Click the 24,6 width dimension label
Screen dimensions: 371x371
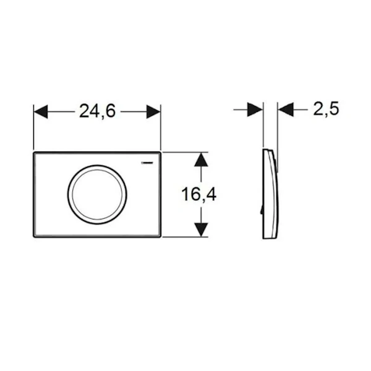coord(97,111)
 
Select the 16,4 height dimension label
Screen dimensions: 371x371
coord(198,194)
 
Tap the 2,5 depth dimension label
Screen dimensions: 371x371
coord(326,109)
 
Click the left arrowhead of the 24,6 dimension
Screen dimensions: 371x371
coord(41,111)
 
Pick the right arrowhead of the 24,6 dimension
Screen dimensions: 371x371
coord(153,111)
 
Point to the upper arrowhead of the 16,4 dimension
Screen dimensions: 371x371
coord(201,160)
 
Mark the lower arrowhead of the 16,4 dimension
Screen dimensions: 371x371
coord(201,229)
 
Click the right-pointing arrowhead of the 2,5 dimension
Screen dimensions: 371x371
coord(255,109)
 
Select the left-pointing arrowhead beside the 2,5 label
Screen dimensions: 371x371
coord(286,109)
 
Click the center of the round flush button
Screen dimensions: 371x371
coord(97,195)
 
